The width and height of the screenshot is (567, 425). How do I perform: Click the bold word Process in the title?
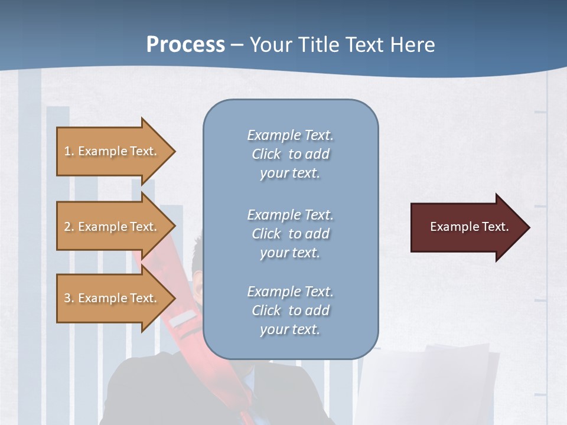tap(185, 45)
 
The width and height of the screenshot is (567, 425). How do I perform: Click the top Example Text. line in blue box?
tap(290, 135)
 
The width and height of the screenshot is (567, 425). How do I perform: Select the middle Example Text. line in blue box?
tap(290, 215)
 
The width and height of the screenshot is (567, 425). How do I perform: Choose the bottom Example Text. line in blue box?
tap(290, 292)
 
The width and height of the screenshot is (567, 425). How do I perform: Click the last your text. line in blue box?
tap(290, 329)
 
